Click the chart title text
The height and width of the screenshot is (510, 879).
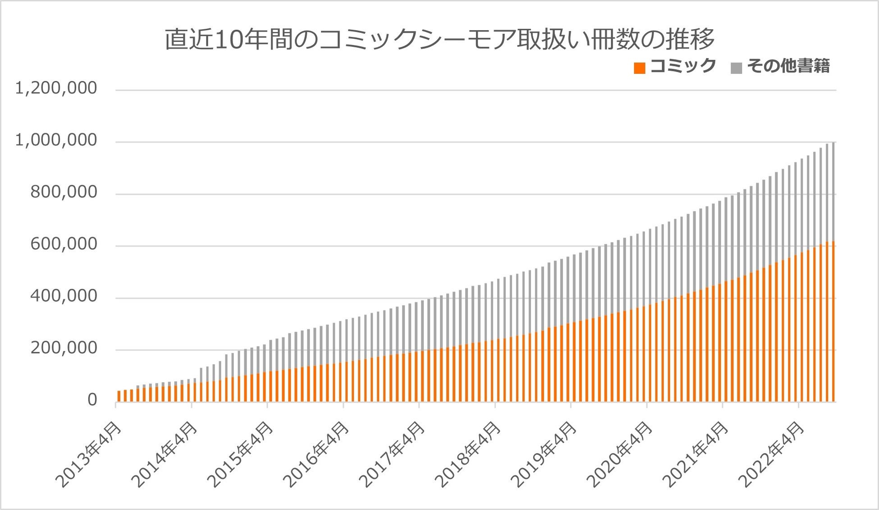439,40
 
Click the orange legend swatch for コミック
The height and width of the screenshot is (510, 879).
639,68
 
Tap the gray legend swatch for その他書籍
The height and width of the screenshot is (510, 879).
736,68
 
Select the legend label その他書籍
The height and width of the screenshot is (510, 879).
788,66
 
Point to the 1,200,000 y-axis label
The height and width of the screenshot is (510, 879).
56,88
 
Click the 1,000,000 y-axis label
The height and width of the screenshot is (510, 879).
56,141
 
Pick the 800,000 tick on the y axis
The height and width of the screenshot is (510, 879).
64,192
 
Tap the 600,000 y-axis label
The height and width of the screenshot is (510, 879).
64,244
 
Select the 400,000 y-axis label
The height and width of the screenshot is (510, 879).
64,296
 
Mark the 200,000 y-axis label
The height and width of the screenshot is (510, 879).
64,348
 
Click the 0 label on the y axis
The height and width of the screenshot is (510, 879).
92,400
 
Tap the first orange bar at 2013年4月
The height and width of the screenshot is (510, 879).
119,396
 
